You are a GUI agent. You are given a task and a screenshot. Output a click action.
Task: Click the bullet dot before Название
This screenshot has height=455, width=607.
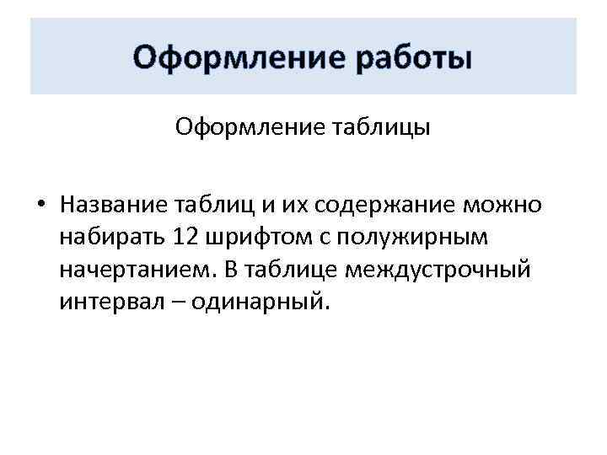click(x=40, y=205)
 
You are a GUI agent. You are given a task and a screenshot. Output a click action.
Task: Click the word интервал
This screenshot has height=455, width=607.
click(x=106, y=302)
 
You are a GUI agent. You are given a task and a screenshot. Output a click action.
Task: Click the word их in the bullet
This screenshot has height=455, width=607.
click(x=267, y=205)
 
